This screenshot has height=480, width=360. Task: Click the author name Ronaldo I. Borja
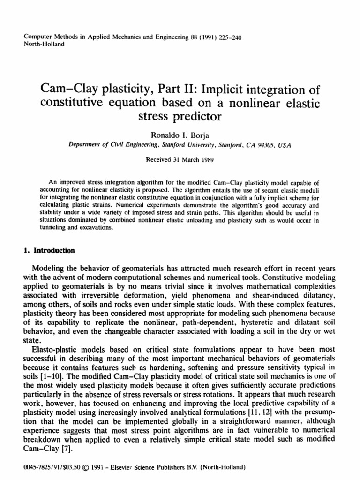tap(180, 135)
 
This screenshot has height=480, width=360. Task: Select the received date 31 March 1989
tap(180, 158)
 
